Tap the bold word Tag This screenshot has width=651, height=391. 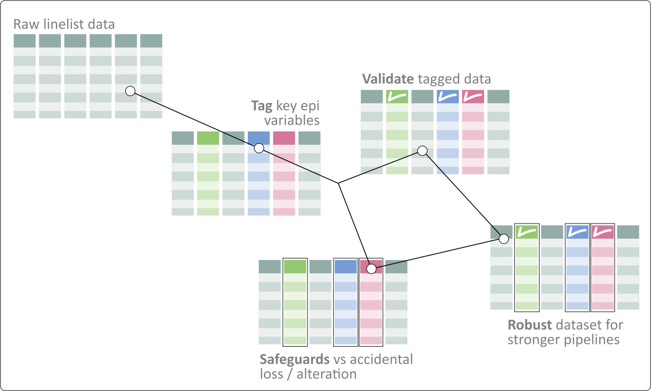[261, 106]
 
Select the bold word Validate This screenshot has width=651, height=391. [387, 79]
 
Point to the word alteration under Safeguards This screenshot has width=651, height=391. [327, 375]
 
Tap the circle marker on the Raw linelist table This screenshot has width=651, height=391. [130, 91]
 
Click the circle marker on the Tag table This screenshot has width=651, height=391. [259, 147]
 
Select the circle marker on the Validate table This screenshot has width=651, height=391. [422, 151]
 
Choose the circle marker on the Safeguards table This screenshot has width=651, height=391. [371, 269]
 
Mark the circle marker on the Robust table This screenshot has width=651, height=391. [504, 239]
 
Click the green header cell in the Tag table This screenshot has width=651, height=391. [208, 138]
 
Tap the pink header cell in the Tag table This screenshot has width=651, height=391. [284, 138]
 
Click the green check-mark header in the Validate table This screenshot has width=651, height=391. [397, 97]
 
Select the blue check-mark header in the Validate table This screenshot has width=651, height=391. [448, 97]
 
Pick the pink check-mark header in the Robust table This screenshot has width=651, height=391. [602, 232]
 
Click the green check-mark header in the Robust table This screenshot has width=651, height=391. [526, 232]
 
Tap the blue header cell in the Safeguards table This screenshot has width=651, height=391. [346, 267]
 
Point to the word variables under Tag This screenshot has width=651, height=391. [292, 120]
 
